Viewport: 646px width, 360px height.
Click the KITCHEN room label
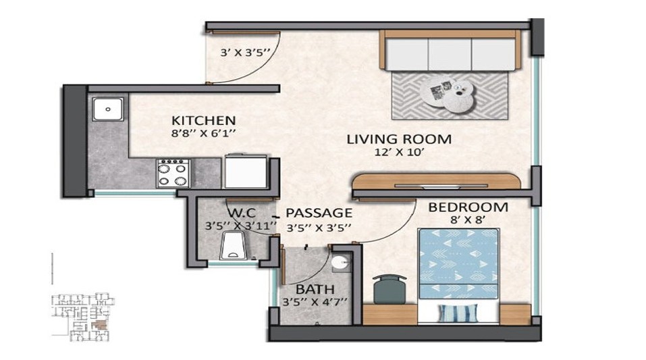(204, 120)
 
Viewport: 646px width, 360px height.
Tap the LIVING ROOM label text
(399, 139)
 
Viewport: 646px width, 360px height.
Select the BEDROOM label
(468, 207)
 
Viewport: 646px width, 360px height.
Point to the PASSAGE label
(319, 213)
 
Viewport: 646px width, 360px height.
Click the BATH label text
(315, 289)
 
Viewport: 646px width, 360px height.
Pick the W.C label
(242, 213)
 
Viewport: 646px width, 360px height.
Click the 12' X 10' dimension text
(399, 152)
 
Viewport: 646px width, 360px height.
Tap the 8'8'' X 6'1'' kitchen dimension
(203, 133)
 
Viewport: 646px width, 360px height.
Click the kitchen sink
(107, 109)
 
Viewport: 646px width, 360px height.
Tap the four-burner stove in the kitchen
(173, 174)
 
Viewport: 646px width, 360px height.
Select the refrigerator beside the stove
(245, 171)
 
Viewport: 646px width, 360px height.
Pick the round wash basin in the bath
(341, 263)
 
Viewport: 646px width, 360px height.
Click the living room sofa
(450, 50)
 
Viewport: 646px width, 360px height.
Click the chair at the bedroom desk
(389, 290)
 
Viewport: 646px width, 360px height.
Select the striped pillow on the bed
(458, 313)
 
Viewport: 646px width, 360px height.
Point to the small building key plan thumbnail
(82, 317)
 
